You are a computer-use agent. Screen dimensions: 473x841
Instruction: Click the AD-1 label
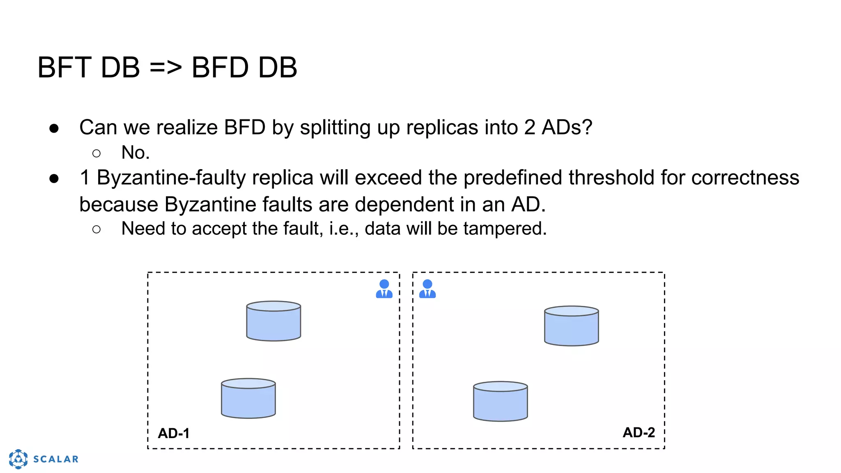[x=174, y=433]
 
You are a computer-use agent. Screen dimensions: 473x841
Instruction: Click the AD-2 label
[x=639, y=432]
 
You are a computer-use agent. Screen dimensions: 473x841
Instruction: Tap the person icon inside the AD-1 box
[x=384, y=289]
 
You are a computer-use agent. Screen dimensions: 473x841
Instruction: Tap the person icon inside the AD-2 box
[x=427, y=289]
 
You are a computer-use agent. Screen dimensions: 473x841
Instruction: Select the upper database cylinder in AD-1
[x=273, y=321]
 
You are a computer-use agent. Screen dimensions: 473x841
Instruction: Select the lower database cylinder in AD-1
[x=248, y=399]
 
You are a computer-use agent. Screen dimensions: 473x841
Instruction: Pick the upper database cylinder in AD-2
[x=571, y=326]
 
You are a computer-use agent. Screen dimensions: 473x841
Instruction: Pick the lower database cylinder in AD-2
[x=500, y=402]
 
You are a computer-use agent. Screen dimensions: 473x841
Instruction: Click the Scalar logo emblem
[x=18, y=459]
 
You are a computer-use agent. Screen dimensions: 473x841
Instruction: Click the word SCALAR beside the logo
[x=56, y=459]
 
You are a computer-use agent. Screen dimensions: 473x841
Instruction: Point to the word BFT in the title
[x=64, y=68]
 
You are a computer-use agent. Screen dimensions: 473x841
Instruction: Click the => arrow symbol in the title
[x=165, y=68]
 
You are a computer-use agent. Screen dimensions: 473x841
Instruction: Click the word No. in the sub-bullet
[x=136, y=153]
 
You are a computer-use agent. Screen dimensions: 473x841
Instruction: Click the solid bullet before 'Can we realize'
[x=54, y=128]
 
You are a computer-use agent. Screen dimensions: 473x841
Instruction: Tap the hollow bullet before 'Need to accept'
[x=97, y=229]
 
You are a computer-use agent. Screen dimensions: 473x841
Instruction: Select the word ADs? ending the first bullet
[x=567, y=127]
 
